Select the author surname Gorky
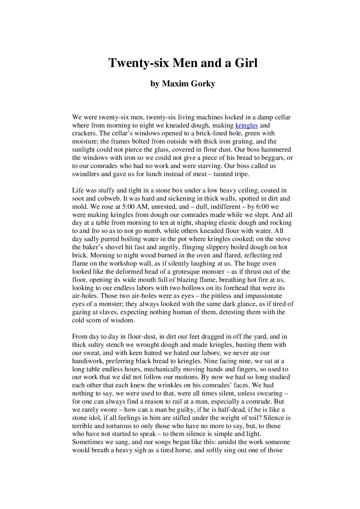point(202,84)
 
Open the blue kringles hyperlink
point(247,125)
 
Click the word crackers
point(84,133)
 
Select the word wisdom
point(124,320)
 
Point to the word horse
point(179,450)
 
